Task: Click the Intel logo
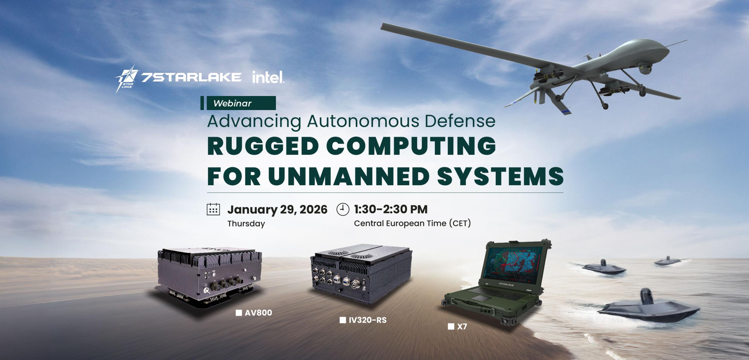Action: tap(268, 77)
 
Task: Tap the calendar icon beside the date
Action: tap(213, 210)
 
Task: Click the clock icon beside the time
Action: tap(343, 210)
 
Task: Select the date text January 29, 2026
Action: tap(277, 210)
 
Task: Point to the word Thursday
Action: tap(246, 224)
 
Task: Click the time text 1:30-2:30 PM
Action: tap(391, 210)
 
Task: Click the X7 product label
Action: tap(462, 327)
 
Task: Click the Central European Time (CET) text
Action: tap(412, 224)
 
